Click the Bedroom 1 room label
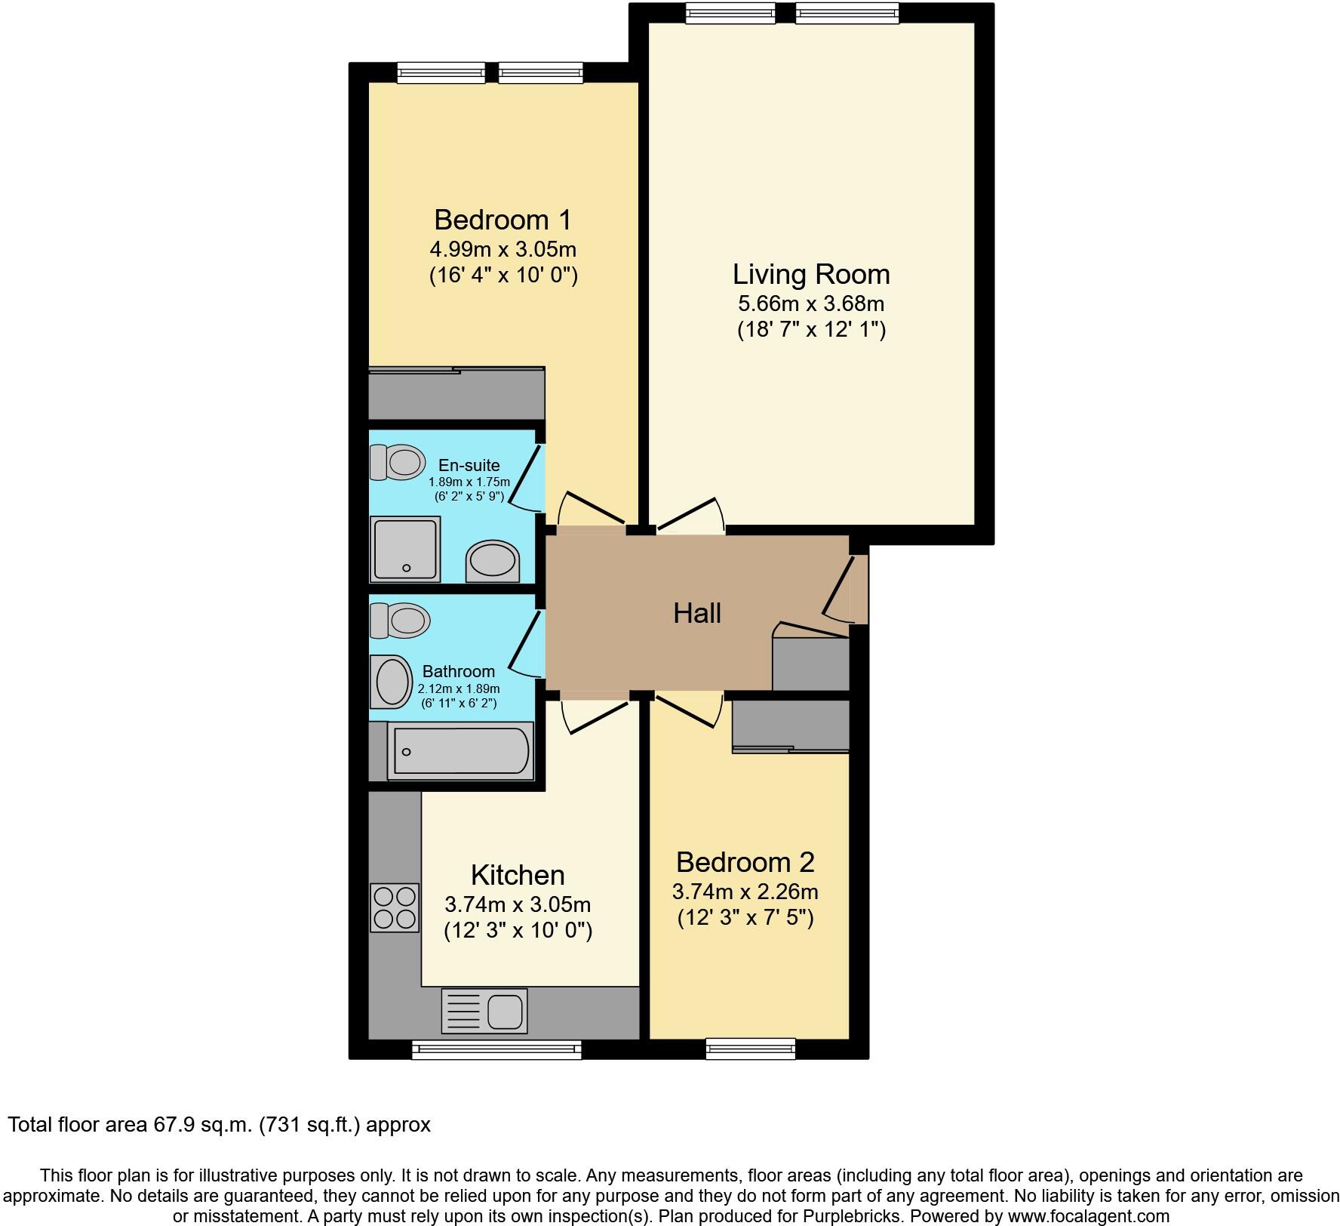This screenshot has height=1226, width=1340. pos(502,220)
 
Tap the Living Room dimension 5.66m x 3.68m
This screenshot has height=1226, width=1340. pos(810,303)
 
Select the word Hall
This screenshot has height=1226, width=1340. pos(696,613)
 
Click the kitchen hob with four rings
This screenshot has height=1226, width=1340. pos(395,907)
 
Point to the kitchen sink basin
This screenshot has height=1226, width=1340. pos(505,1011)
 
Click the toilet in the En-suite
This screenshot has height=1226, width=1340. pos(398,462)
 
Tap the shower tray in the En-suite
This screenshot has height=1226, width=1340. pos(406,548)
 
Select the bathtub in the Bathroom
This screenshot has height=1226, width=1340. pos(459,750)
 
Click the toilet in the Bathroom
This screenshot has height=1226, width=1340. pos(400,621)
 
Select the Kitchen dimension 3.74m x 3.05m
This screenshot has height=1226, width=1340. pos(518,904)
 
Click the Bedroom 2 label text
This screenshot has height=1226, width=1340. pos(745,861)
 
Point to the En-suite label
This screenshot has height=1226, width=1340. pos(469,465)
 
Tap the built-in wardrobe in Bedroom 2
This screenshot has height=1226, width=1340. pos(791,725)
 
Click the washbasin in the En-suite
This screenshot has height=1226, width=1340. pos(493,562)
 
